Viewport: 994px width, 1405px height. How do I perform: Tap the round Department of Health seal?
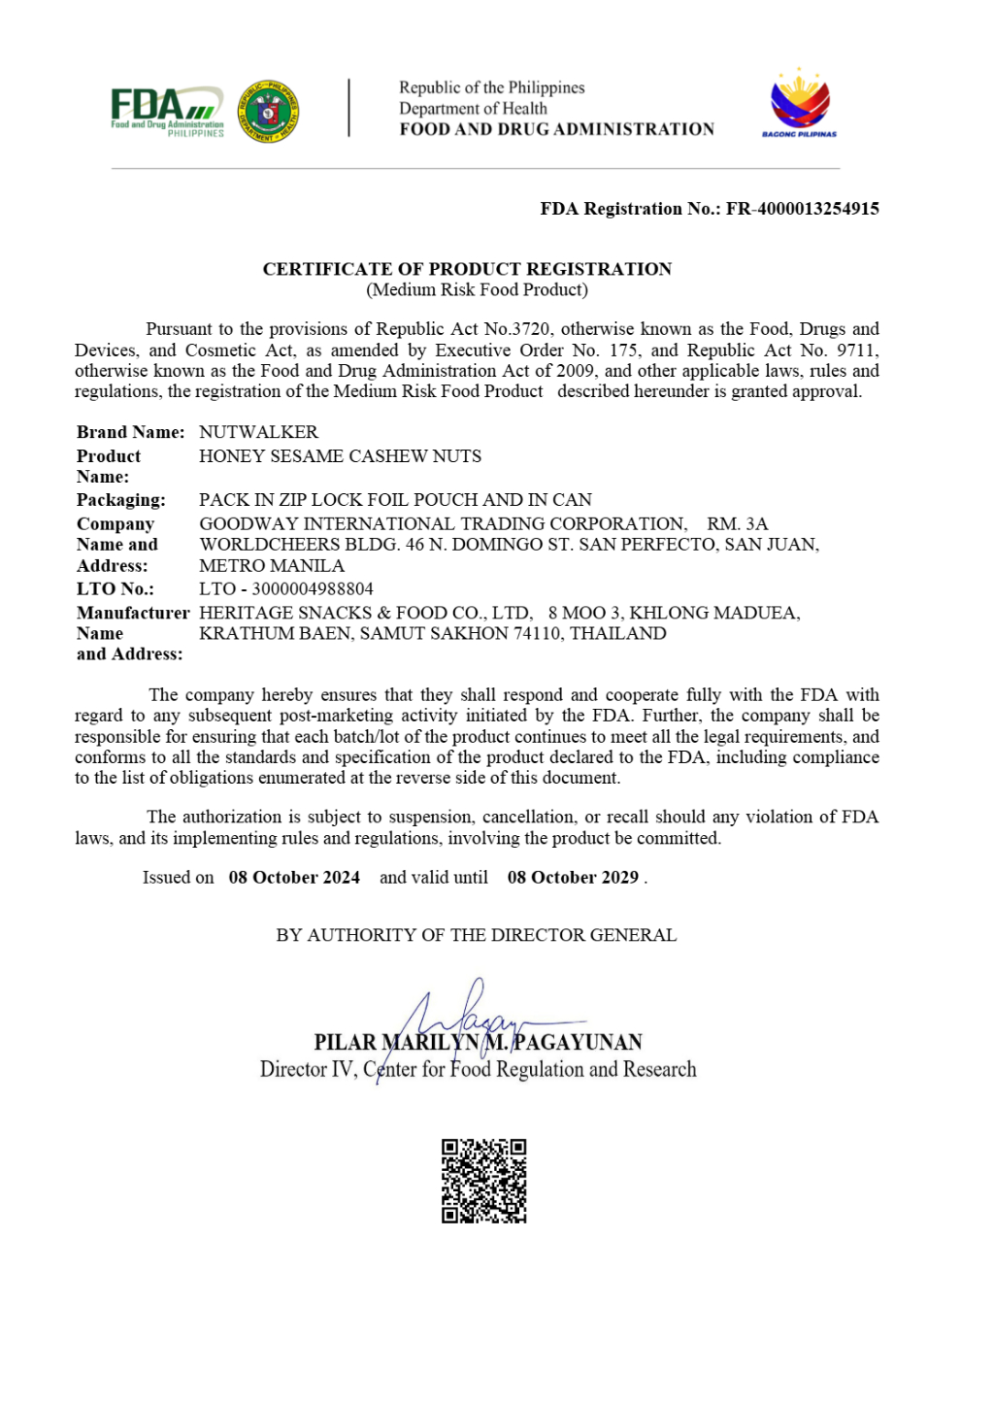click(269, 112)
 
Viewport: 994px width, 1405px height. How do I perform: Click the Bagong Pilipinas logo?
click(800, 104)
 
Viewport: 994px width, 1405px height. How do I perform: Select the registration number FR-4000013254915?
click(803, 209)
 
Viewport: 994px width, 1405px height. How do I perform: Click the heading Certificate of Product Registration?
click(467, 269)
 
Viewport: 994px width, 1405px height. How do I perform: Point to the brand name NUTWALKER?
click(258, 432)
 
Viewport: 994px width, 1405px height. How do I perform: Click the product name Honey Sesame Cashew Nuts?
click(340, 456)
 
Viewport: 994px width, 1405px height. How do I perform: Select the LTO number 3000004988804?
click(312, 589)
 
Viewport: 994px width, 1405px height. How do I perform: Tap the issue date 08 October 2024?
click(294, 878)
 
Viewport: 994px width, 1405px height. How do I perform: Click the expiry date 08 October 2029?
click(573, 878)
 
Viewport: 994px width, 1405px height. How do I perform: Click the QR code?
click(484, 1181)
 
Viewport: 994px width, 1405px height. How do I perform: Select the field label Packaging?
click(121, 500)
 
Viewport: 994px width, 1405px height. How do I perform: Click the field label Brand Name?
click(130, 432)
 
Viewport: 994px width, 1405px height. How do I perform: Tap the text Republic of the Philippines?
click(492, 87)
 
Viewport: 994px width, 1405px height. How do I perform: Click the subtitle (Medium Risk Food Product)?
click(477, 289)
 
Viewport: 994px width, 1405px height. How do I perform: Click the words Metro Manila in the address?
click(272, 566)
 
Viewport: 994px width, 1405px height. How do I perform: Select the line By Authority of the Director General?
click(477, 935)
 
